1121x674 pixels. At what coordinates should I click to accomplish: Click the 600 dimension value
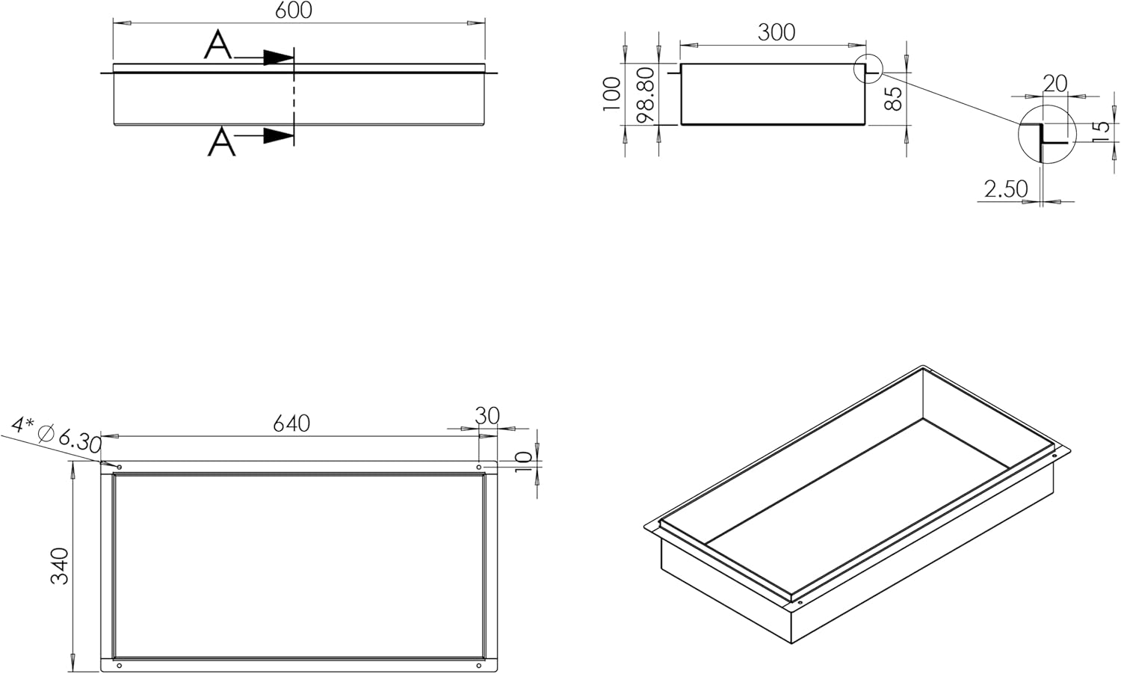294,10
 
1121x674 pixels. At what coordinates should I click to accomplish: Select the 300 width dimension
776,33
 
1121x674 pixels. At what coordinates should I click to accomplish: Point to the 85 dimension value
893,98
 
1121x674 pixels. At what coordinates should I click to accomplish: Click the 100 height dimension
612,94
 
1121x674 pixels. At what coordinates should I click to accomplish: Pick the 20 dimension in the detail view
1055,84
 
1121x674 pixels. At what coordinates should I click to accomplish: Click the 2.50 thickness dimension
1006,189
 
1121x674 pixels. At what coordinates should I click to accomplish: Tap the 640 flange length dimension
291,424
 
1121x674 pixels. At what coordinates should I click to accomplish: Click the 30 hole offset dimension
487,416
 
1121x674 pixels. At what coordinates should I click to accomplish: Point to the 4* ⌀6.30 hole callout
56,433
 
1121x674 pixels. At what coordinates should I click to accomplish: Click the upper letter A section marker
217,45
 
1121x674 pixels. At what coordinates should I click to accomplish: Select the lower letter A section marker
222,142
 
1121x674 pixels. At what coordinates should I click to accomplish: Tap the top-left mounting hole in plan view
119,467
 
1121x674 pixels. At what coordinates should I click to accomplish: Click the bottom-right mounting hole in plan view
479,666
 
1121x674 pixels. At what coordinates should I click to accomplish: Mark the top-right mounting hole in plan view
479,467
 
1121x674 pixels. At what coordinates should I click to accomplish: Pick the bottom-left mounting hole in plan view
119,666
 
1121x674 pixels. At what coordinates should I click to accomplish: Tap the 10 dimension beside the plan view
523,461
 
